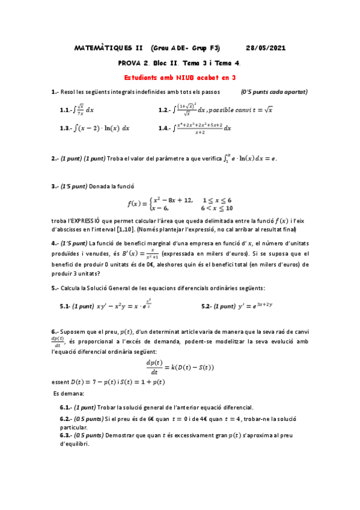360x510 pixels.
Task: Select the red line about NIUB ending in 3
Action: [180, 78]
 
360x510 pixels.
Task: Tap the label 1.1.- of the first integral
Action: [67, 110]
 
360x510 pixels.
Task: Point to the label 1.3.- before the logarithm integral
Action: [67, 128]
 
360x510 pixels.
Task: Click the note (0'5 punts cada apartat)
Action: [274, 92]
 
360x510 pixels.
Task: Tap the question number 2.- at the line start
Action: [55, 159]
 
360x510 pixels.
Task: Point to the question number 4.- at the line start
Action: [55, 244]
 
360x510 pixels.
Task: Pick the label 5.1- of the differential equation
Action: [65, 306]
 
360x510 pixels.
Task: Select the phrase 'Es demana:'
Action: [67, 393]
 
